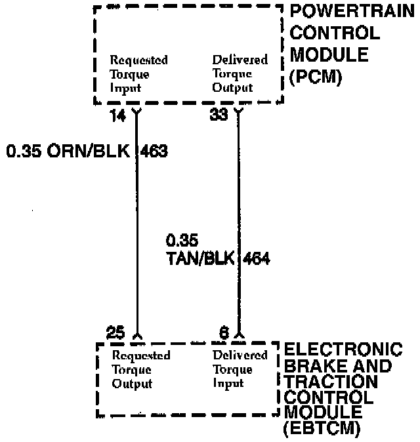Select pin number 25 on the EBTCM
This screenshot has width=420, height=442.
[115, 332]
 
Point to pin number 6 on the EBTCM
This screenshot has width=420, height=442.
[224, 332]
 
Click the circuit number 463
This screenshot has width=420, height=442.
[155, 151]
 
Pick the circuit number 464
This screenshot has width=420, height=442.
[257, 258]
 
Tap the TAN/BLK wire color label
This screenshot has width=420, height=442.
[200, 258]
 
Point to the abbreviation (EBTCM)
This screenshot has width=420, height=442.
[322, 429]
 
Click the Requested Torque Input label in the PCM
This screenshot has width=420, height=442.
[138, 73]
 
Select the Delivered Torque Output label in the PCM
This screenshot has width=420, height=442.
[240, 73]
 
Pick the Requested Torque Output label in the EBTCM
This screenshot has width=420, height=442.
[141, 369]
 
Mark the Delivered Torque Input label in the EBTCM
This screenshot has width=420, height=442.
[240, 369]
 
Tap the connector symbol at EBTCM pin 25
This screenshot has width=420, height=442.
[137, 336]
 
